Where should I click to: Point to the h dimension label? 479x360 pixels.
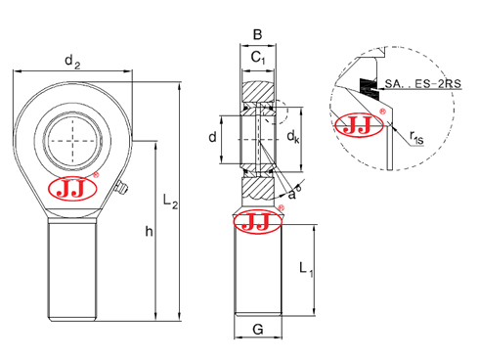click(x=148, y=231)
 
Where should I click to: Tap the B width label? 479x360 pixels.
click(x=257, y=35)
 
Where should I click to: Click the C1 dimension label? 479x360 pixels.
click(x=257, y=60)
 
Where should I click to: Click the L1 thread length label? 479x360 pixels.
click(x=304, y=267)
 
